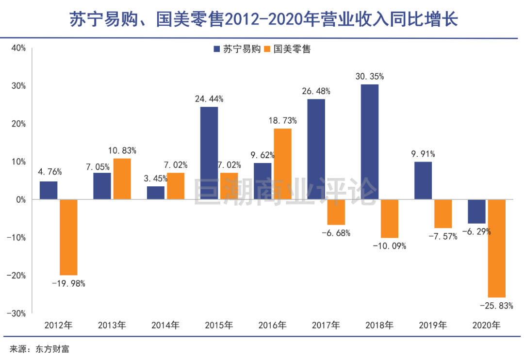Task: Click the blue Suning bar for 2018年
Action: click(x=370, y=142)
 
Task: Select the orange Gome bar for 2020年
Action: click(x=496, y=248)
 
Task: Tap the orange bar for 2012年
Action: click(x=68, y=237)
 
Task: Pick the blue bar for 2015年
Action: click(x=209, y=153)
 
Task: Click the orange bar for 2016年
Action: click(x=282, y=164)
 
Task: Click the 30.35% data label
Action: click(x=370, y=76)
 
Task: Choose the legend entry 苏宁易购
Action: click(x=237, y=49)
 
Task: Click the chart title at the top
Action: click(x=262, y=20)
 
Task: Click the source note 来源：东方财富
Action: click(x=40, y=348)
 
